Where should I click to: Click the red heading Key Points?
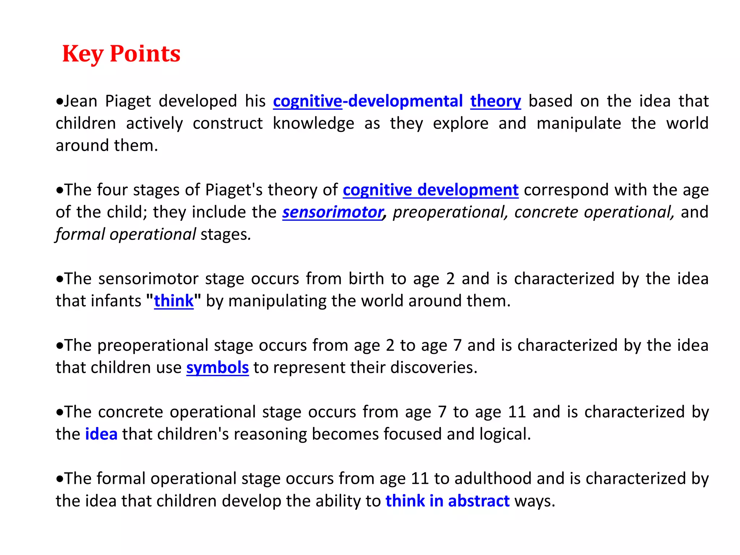coord(121,54)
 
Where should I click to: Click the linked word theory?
coord(495,101)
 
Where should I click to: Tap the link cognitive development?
coord(430,190)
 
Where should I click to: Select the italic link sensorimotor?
coord(332,212)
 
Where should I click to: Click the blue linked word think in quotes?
coord(174,301)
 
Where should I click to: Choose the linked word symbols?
coord(218,368)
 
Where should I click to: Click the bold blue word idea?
coord(101,434)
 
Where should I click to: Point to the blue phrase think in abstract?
coord(447,501)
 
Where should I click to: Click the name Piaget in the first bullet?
coord(128,101)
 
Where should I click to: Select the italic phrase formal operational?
coord(126,235)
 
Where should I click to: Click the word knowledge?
coord(313,124)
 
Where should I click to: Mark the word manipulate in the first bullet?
coord(578,124)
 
